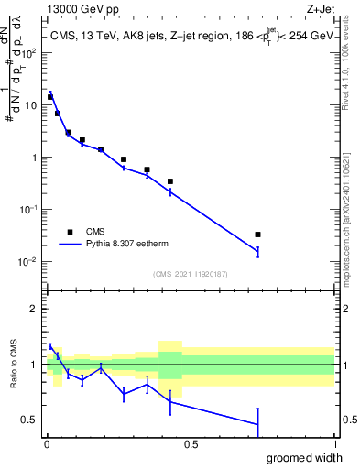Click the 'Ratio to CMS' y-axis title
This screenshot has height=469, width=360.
coord(14,365)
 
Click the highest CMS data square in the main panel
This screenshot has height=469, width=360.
coord(50,96)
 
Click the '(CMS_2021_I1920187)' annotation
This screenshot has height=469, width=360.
coord(190,274)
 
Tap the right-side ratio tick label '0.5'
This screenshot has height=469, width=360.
coord(345,420)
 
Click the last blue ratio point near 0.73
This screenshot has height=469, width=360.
coord(258,424)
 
